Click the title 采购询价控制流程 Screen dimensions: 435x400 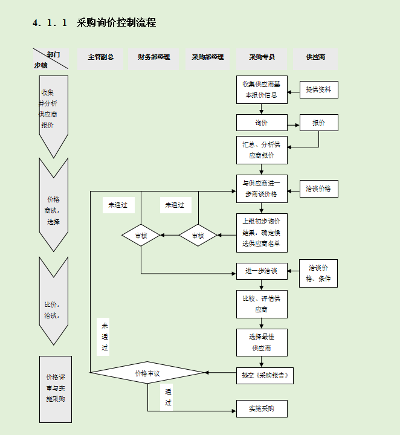pyautogui.click(x=117, y=23)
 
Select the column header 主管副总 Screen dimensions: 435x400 pyautogui.click(x=101, y=57)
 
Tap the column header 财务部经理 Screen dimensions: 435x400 pyautogui.click(x=153, y=57)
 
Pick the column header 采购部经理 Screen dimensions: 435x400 pyautogui.click(x=208, y=57)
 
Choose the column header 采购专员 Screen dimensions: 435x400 pyautogui.click(x=262, y=57)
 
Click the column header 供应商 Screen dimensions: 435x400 pyautogui.click(x=315, y=57)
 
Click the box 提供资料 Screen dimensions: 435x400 pyautogui.click(x=318, y=90)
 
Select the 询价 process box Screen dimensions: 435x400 pyautogui.click(x=262, y=123)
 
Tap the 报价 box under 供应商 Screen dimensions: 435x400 pyautogui.click(x=318, y=123)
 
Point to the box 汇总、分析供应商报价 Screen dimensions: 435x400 pyautogui.click(x=262, y=150)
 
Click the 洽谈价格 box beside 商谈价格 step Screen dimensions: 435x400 pyautogui.click(x=318, y=189)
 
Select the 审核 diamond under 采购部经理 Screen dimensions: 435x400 pyautogui.click(x=198, y=236)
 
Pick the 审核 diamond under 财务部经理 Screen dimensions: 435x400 pyautogui.click(x=141, y=236)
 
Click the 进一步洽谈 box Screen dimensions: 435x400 pyautogui.click(x=262, y=271)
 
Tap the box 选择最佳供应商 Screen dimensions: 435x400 pyautogui.click(x=262, y=343)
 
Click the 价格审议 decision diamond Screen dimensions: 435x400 pyautogui.click(x=147, y=373)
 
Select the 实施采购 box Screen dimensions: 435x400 pyautogui.click(x=262, y=409)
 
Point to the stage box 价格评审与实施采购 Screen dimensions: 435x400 pyautogui.click(x=56, y=389)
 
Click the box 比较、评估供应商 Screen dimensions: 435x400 pyautogui.click(x=262, y=304)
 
